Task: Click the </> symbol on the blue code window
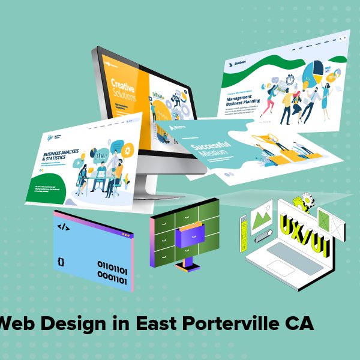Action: (62, 227)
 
